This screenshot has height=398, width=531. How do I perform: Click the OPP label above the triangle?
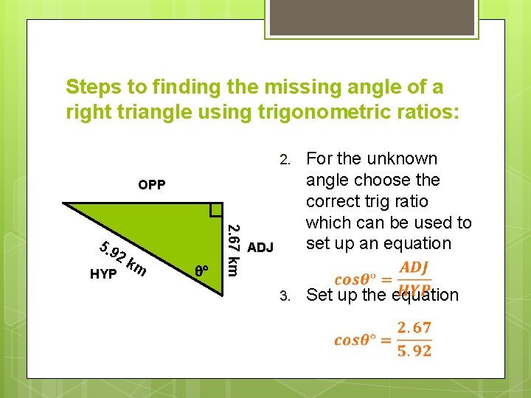152,184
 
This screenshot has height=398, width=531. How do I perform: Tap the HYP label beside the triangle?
103,274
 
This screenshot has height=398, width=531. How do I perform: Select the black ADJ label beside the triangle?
261,247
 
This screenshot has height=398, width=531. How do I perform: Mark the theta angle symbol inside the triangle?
202,270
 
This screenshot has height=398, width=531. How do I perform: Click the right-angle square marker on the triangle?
216,209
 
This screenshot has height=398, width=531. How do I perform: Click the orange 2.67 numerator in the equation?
414,327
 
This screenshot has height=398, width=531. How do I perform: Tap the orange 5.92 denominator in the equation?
414,351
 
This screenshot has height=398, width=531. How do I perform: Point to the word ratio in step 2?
412,201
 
